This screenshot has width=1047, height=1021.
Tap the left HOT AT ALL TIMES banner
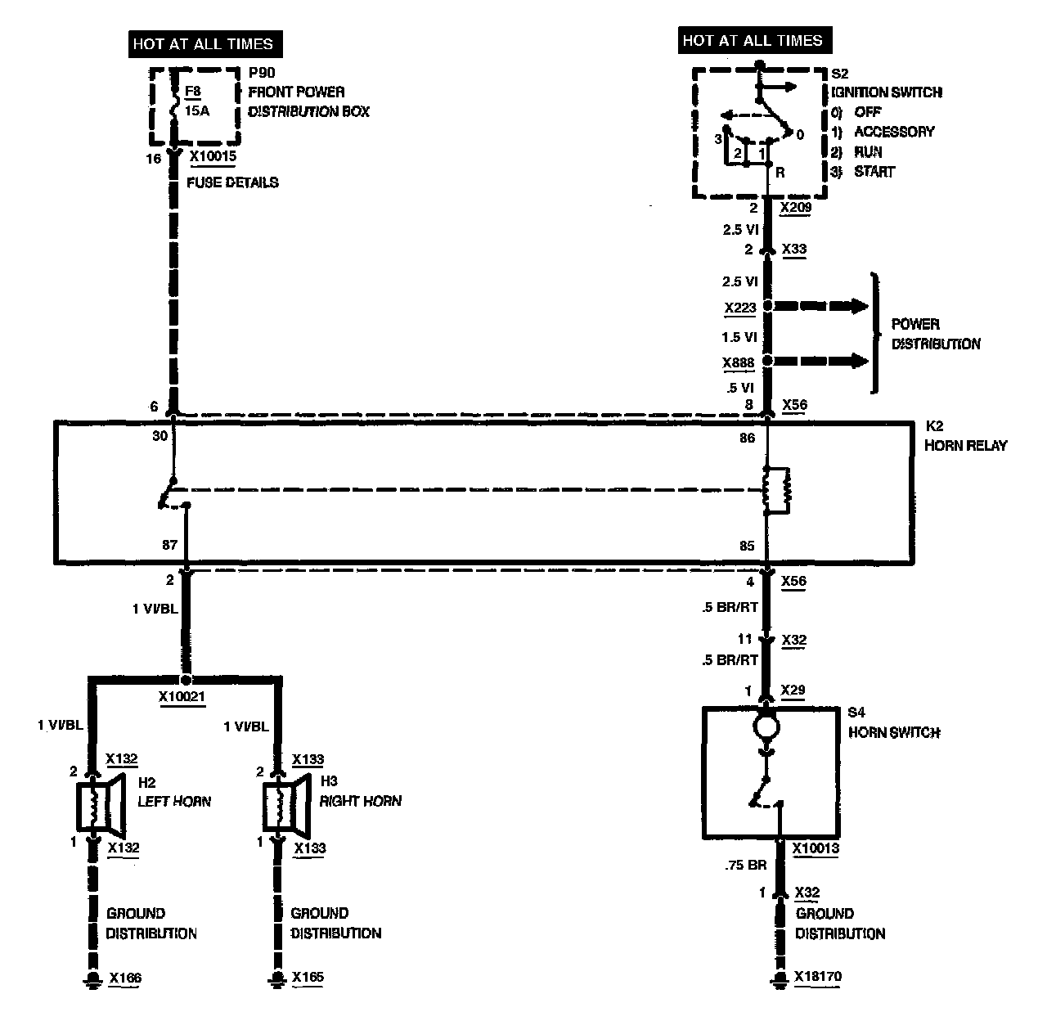click(203, 43)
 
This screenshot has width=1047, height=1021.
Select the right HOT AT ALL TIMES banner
click(752, 40)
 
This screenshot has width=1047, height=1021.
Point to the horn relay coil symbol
click(775, 490)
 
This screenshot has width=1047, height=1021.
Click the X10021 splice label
click(182, 696)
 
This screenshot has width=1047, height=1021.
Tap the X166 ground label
click(124, 977)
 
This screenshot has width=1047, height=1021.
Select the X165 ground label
click(308, 977)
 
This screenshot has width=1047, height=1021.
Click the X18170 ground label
click(817, 977)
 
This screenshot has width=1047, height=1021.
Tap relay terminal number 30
click(160, 436)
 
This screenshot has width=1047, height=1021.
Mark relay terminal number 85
click(746, 546)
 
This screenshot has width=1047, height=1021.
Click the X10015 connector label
click(213, 155)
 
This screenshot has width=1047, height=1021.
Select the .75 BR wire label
click(745, 864)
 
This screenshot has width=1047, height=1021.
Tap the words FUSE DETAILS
click(232, 182)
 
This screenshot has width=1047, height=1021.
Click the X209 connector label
click(795, 208)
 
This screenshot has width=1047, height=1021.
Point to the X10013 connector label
click(816, 849)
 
